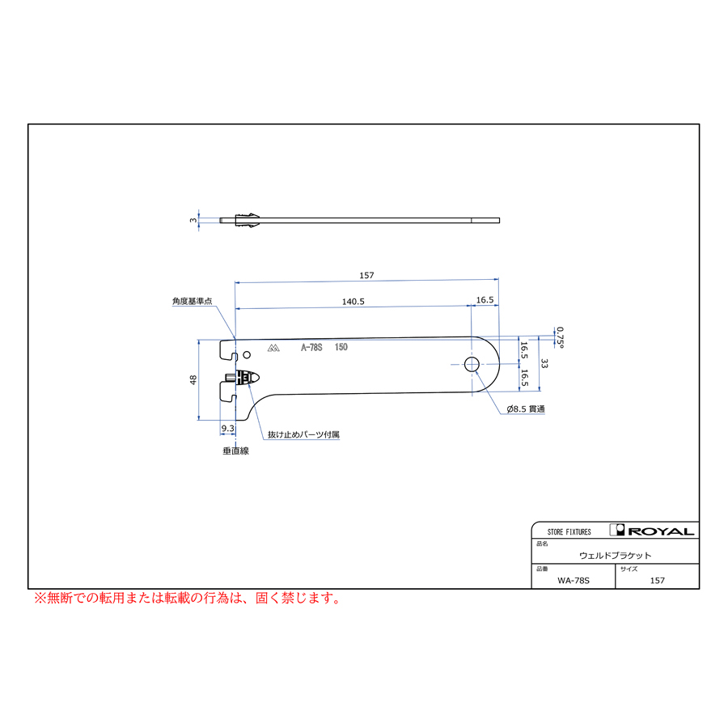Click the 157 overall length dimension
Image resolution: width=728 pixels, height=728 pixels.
tap(366, 276)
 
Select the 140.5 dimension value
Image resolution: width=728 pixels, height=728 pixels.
tap(353, 301)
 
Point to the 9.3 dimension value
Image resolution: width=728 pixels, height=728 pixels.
tap(227, 429)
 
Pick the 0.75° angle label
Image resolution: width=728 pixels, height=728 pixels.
tap(559, 336)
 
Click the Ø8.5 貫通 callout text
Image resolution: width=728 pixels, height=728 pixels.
tap(526, 410)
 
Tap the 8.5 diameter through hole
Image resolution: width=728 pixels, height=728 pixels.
tap(472, 365)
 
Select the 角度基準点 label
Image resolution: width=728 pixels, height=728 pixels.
tap(191, 302)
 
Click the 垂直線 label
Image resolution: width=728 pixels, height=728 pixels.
tap(235, 451)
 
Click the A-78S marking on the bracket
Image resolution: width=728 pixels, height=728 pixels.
tap(311, 348)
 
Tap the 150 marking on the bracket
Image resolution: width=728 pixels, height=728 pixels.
tap(341, 348)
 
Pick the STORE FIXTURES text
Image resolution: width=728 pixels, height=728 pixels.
tap(569, 532)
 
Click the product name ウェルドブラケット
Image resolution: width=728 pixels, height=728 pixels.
tap(615, 556)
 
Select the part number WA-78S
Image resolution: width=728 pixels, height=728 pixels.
tap(574, 580)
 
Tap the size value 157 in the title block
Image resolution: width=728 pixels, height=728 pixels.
tap(657, 580)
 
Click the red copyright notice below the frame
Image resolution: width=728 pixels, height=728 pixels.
tap(187, 599)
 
